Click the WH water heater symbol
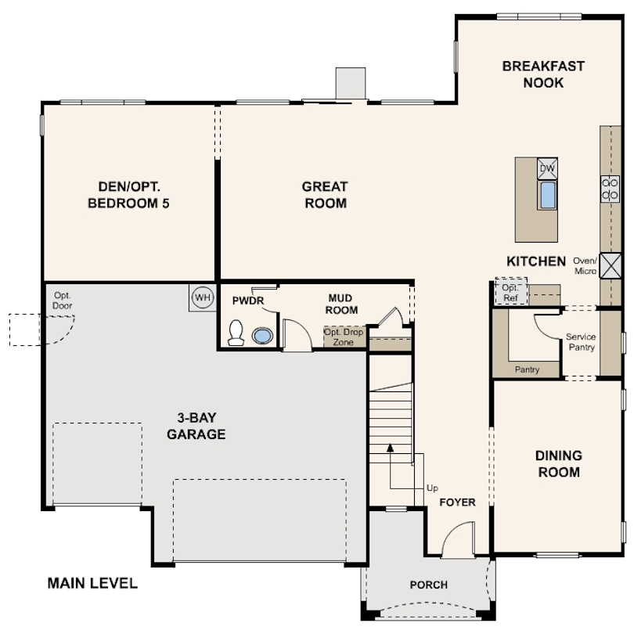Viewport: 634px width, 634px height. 202,298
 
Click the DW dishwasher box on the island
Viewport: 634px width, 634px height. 547,168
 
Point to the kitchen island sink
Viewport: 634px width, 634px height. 547,195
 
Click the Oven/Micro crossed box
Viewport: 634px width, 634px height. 611,265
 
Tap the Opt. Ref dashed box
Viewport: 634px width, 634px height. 510,294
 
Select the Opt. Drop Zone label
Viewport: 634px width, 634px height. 344,337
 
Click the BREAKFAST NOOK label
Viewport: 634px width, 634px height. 543,74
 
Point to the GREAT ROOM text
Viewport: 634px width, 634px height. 325,195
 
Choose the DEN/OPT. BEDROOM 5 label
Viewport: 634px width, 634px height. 129,195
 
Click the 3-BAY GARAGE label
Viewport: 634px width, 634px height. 196,426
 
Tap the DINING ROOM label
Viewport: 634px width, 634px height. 558,463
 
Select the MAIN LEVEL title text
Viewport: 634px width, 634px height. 92,583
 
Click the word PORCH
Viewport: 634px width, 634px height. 429,585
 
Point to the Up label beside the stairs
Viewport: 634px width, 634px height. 432,488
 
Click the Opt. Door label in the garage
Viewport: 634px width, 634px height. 63,301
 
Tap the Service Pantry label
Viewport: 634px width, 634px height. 581,342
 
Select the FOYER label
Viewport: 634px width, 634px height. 457,502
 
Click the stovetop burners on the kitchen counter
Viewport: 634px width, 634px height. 611,188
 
